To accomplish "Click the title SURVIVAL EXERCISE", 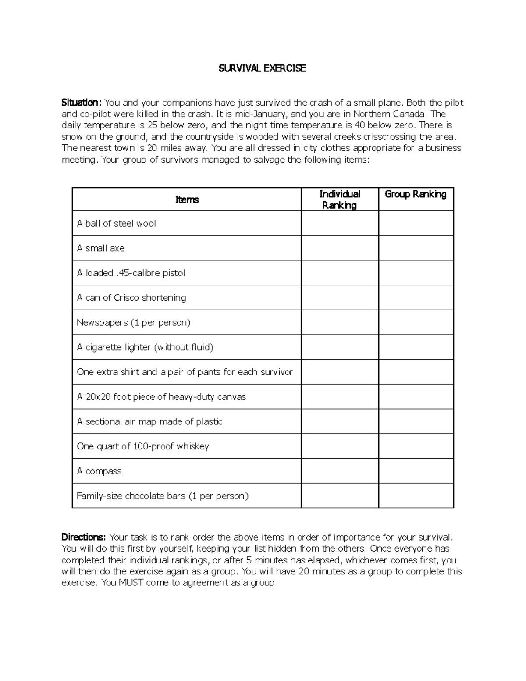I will click(262, 68).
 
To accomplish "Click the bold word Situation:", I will click(82, 103).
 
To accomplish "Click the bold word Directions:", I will click(83, 537).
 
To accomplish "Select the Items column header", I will click(187, 200).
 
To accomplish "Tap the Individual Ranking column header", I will click(340, 200).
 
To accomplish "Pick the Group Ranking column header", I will click(416, 194).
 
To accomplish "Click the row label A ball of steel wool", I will click(116, 224).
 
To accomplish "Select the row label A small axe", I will click(101, 248).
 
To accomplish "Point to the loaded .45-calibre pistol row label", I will click(131, 273).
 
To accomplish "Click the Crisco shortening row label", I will click(131, 298).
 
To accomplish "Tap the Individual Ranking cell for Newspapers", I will click(340, 322).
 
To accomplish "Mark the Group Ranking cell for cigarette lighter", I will click(416, 347).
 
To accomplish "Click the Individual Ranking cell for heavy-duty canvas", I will click(340, 396).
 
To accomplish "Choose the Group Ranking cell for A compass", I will click(416, 471).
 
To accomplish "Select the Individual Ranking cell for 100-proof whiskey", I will click(340, 446).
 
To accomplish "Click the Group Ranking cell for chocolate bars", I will click(416, 496).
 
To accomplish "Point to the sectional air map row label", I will click(149, 421).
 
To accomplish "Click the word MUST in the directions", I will click(131, 583).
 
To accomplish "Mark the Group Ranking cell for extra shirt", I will click(416, 372).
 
